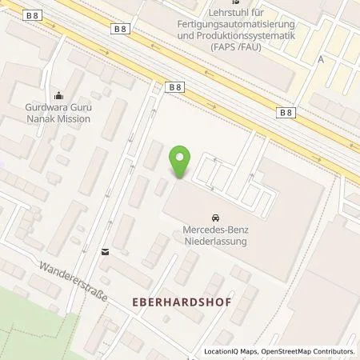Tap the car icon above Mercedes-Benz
(215, 218)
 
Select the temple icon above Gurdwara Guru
(56, 94)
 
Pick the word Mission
(72, 118)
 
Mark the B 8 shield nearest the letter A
(286, 113)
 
